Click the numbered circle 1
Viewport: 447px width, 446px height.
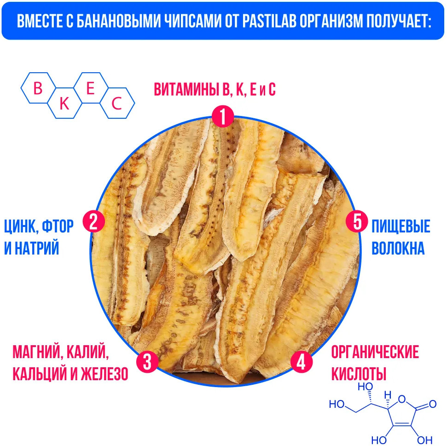[x=223, y=118]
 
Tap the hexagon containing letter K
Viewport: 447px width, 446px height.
[x=64, y=104]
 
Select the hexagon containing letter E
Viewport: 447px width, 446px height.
[x=91, y=89]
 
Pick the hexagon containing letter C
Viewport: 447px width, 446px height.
[x=117, y=104]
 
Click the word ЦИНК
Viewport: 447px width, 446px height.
[x=20, y=227]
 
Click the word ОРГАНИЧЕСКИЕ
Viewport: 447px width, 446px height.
[x=375, y=353]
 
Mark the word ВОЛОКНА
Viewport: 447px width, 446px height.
[x=398, y=249]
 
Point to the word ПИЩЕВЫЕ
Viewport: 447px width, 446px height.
[x=401, y=227]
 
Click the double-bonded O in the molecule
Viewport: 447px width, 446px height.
[x=432, y=405]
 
